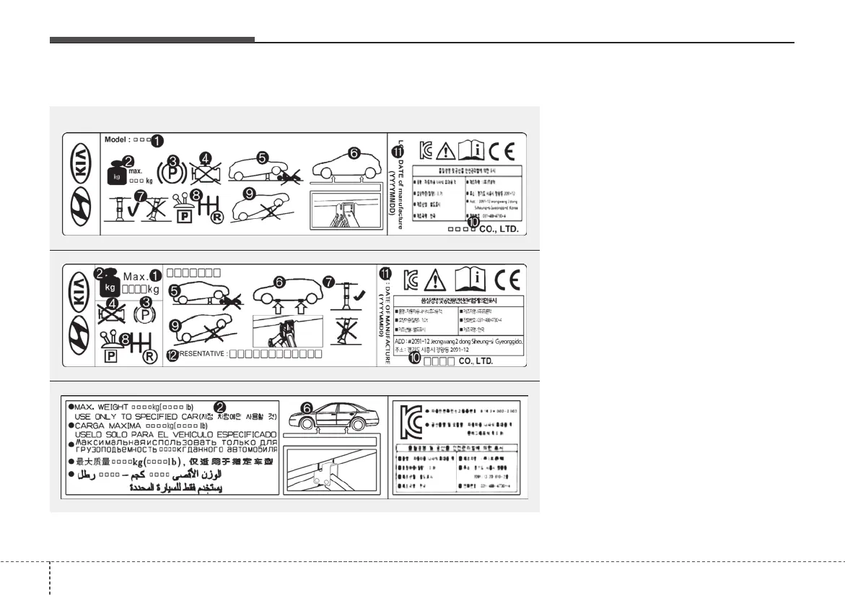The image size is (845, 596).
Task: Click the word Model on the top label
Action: click(x=116, y=139)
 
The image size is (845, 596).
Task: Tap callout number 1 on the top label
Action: click(x=157, y=139)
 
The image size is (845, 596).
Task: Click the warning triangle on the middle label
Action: click(x=436, y=279)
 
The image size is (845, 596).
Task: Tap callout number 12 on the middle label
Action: click(x=172, y=354)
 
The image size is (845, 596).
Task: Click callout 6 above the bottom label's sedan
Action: click(x=307, y=409)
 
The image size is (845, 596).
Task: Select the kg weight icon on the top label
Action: click(x=116, y=174)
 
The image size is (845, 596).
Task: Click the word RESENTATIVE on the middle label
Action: click(x=203, y=354)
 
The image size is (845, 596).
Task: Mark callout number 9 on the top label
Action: click(x=249, y=194)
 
